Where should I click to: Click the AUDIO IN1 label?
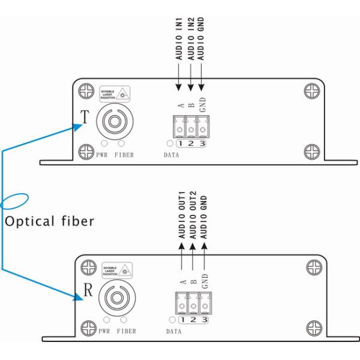[x=179, y=38]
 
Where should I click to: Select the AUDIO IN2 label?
[x=191, y=38]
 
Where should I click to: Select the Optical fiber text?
[x=49, y=221]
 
